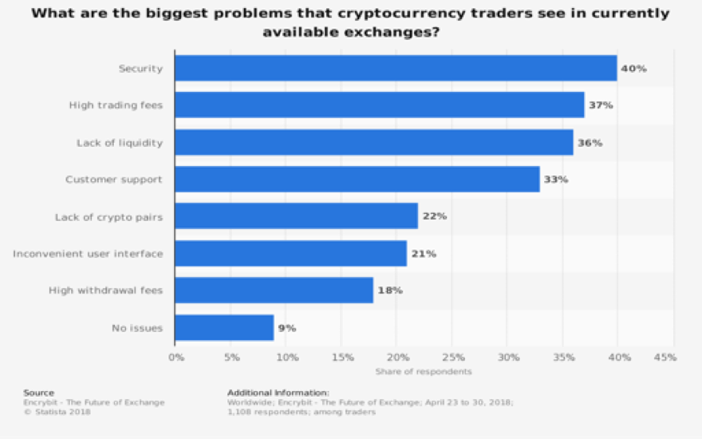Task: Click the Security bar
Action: (396, 68)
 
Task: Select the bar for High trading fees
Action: (380, 105)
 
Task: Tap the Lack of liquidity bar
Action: (374, 142)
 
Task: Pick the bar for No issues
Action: (224, 327)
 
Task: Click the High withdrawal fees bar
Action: (274, 291)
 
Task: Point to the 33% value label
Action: (555, 179)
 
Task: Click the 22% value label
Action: (434, 216)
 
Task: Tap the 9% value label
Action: (287, 328)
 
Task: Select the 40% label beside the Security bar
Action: (633, 69)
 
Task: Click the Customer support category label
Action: (114, 179)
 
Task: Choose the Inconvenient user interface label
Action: (88, 254)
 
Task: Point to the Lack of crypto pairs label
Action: (108, 217)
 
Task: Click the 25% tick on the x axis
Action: (453, 357)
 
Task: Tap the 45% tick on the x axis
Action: (665, 357)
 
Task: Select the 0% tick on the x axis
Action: (176, 357)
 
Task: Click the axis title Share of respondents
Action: (424, 371)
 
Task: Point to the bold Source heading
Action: (38, 393)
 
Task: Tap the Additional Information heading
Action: (278, 393)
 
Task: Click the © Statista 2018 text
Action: (57, 412)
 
